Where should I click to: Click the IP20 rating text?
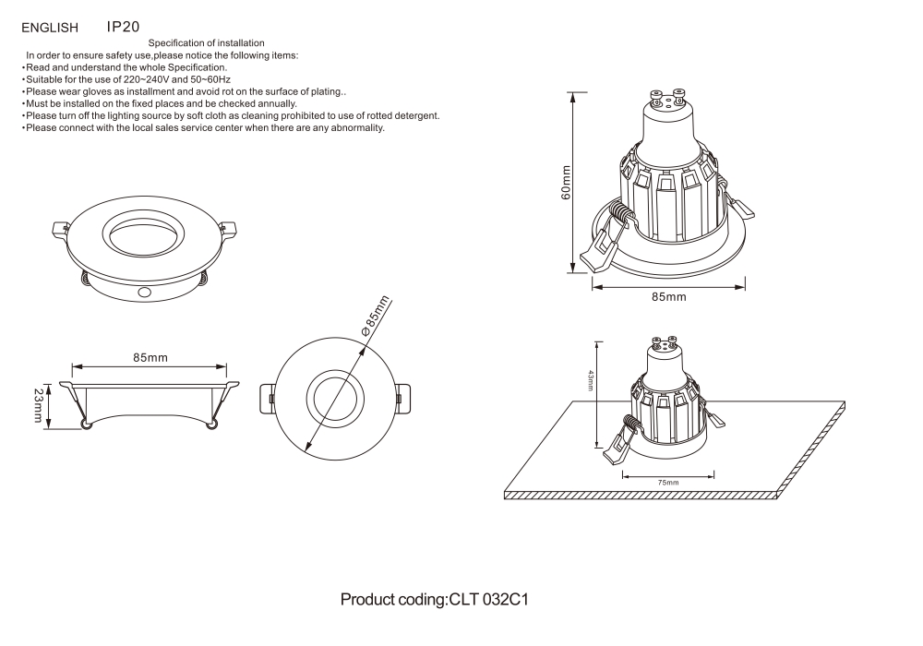124,27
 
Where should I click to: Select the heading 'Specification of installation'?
207,43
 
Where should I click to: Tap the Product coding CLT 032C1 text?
434,600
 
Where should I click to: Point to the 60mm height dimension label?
566,182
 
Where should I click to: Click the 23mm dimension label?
38,406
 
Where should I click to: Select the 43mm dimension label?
591,379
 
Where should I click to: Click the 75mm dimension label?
668,483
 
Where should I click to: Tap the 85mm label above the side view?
150,357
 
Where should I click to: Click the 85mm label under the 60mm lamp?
668,297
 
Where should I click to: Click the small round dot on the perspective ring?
144,292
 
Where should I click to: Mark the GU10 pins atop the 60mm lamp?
667,96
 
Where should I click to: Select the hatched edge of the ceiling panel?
646,496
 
